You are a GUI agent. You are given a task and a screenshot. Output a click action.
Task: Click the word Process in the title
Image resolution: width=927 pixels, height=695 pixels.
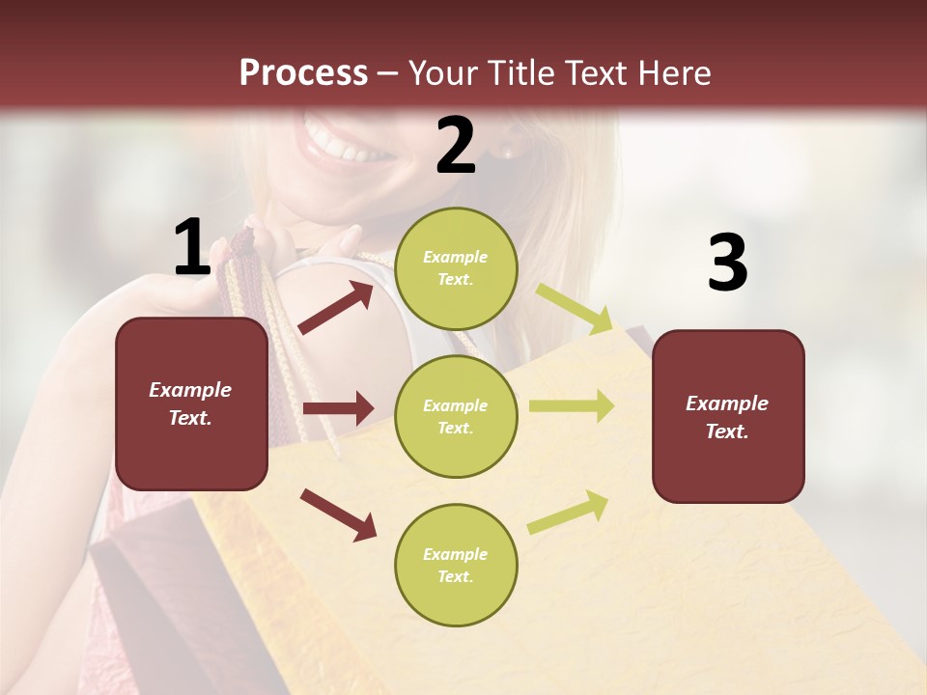tap(303, 72)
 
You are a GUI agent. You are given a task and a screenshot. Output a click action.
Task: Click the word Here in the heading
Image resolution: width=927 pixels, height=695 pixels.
tap(673, 72)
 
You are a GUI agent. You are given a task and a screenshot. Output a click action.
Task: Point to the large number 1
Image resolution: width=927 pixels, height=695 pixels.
tap(192, 247)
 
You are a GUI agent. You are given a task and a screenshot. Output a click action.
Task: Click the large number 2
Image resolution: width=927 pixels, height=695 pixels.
tap(456, 146)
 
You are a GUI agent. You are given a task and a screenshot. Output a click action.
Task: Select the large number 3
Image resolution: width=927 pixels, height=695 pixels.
tap(727, 263)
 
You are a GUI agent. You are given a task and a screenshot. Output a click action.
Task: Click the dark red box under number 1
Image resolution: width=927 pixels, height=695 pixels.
tap(191, 403)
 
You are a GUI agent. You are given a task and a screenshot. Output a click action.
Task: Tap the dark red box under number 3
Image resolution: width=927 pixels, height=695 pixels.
tap(728, 416)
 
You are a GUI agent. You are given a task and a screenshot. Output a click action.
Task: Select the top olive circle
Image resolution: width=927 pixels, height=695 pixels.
tap(456, 268)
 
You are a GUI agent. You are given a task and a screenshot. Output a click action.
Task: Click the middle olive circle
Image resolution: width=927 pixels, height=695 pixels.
tap(456, 416)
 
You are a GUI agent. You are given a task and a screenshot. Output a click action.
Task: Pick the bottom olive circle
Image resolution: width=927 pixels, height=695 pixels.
tap(456, 565)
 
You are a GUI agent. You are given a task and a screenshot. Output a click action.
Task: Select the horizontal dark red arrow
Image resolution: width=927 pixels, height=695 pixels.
tap(338, 408)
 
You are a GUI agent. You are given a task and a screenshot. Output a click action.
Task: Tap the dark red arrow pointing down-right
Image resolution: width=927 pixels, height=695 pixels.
tap(338, 514)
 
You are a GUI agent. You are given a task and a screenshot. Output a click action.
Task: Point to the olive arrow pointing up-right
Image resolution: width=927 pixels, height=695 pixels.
tap(568, 512)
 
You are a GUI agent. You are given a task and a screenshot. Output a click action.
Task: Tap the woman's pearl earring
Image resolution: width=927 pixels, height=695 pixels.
tap(508, 153)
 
